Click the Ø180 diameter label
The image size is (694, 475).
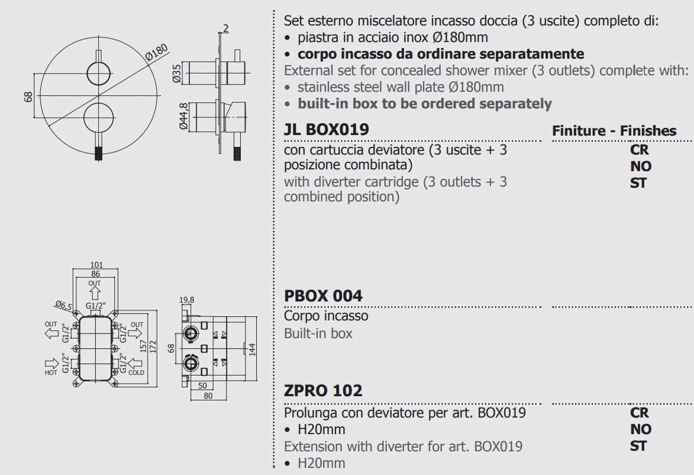click(x=156, y=54)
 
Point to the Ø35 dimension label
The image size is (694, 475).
click(x=176, y=73)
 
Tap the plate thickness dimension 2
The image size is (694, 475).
click(x=225, y=28)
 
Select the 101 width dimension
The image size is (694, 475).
click(x=96, y=265)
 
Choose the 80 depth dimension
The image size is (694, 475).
click(x=207, y=396)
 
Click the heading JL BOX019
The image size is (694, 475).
click(x=326, y=129)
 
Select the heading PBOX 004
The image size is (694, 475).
click(x=323, y=295)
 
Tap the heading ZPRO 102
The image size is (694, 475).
click(x=323, y=391)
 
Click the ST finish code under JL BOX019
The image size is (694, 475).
click(x=638, y=182)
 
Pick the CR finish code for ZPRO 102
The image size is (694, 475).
click(x=640, y=413)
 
